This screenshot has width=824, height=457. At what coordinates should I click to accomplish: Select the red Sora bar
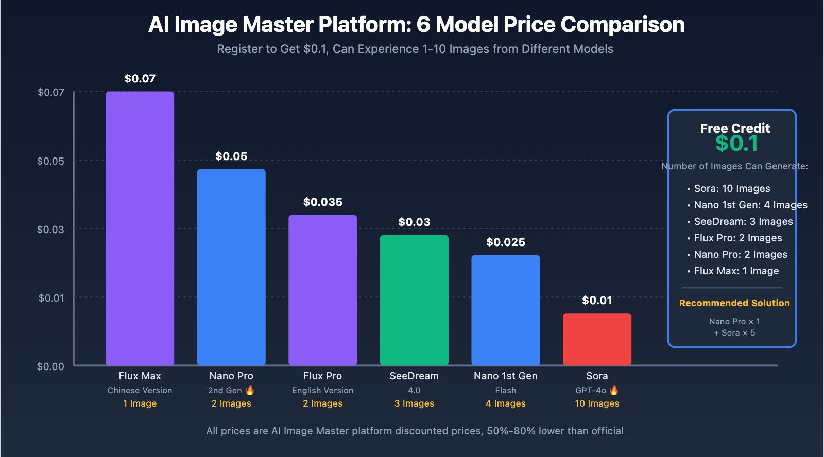pos(597,339)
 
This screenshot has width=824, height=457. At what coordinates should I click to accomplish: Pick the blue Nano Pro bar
pos(231,267)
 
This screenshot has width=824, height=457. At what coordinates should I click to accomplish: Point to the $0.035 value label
pos(322,202)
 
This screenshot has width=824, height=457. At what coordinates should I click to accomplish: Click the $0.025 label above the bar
pos(506,242)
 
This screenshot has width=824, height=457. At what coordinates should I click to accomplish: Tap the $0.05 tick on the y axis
pos(50,161)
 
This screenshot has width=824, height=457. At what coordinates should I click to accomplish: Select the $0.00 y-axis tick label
pos(50,366)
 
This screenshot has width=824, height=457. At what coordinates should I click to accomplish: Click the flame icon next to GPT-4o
pos(614,390)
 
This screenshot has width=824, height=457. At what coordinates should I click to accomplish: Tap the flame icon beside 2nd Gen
pos(250,390)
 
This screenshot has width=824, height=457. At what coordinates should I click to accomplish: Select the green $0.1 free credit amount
pos(736,144)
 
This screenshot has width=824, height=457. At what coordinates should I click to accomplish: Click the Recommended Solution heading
pos(734,303)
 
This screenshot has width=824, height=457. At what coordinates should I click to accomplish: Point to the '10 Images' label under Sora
pos(597,403)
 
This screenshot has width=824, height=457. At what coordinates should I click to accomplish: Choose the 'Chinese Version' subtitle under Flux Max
pos(140,391)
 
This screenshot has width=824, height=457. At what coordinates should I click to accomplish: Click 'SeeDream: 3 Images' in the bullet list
pos(743,222)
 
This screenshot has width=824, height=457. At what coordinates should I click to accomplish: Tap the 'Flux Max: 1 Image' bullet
pos(736,271)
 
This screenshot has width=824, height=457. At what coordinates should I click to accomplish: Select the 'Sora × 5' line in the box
pos(734,333)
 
